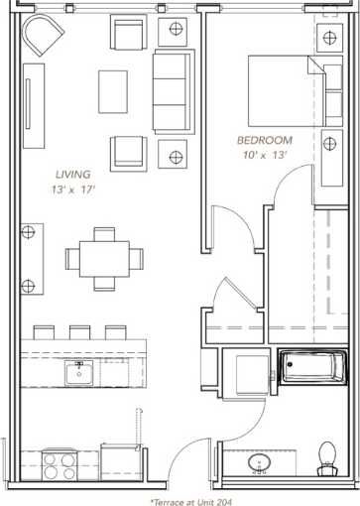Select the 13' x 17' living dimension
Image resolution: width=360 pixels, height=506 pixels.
[71, 189]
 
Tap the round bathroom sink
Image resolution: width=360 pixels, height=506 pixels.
[260, 464]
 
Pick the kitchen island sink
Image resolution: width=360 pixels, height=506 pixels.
[78, 373]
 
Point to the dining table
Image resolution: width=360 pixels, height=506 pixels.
[105, 258]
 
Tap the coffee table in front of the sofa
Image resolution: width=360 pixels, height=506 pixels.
[112, 91]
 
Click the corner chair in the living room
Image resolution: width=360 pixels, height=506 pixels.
[43, 37]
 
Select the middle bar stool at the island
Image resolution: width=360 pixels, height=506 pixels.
[79, 331]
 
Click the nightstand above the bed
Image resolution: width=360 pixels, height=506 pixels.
[328, 39]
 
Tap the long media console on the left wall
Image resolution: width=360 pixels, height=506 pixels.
[34, 99]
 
